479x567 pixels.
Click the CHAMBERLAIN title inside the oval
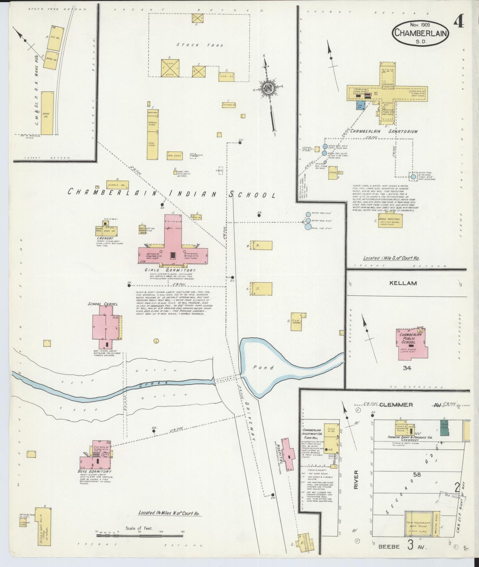[420, 33]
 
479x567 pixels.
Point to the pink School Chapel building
[105, 327]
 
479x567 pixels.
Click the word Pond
[268, 367]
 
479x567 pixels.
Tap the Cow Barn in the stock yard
[170, 68]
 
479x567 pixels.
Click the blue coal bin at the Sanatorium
[361, 105]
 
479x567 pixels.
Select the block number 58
[417, 474]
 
